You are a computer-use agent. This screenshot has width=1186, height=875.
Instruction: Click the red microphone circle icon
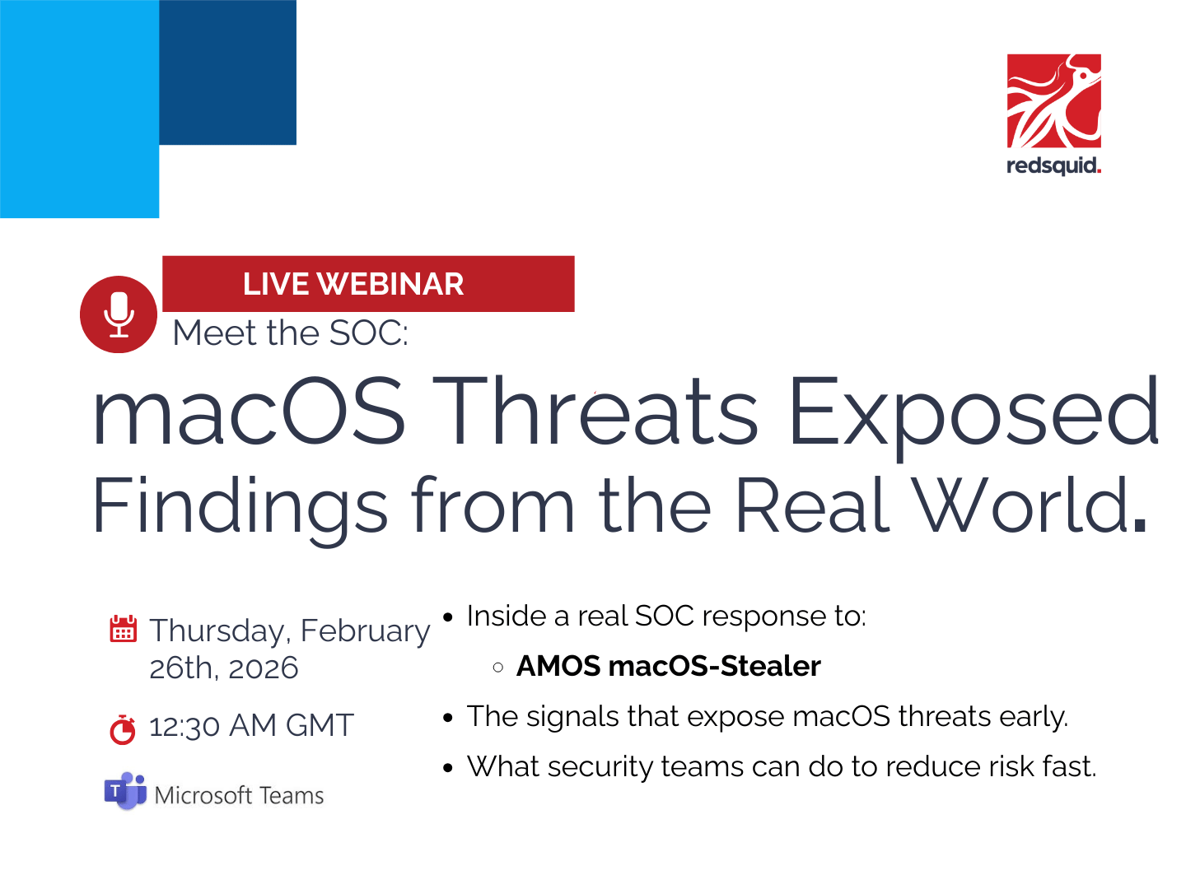(x=118, y=314)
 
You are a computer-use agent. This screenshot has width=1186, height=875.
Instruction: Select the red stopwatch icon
(x=123, y=728)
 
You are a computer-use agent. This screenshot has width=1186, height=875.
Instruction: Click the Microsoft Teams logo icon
(x=125, y=790)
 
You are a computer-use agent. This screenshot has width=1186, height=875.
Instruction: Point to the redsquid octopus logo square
(x=1053, y=100)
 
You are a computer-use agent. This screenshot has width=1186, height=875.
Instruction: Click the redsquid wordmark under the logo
(x=1053, y=165)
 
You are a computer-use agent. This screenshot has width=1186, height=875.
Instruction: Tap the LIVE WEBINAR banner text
(x=353, y=283)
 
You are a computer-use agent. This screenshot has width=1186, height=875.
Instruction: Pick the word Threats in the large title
(x=595, y=410)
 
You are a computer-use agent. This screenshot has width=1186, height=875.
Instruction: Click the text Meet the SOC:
(x=291, y=333)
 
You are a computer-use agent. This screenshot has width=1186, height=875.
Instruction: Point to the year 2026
(x=263, y=668)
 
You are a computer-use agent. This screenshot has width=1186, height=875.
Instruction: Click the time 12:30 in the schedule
(x=184, y=726)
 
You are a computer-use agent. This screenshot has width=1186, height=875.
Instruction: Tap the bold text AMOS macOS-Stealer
(x=669, y=666)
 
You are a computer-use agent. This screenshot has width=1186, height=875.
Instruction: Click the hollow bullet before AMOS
(x=497, y=667)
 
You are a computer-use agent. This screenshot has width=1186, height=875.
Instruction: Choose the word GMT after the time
(x=320, y=725)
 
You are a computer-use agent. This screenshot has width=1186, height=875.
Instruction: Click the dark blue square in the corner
(x=227, y=72)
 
